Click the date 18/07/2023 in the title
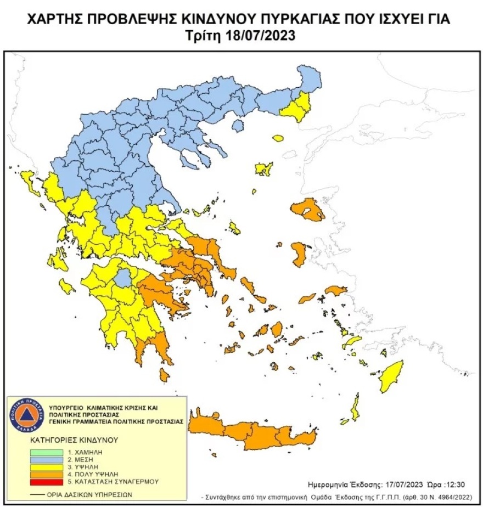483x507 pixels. [260, 36]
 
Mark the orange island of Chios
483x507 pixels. [300, 254]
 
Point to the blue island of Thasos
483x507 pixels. [237, 126]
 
